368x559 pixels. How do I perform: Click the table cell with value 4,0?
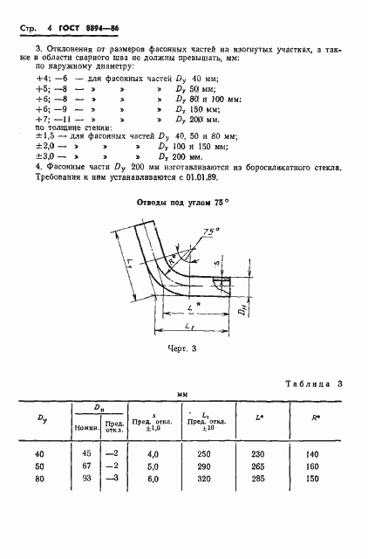153,454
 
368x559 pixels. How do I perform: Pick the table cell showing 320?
206,480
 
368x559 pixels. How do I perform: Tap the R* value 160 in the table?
313,467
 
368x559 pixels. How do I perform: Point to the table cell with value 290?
206,467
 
